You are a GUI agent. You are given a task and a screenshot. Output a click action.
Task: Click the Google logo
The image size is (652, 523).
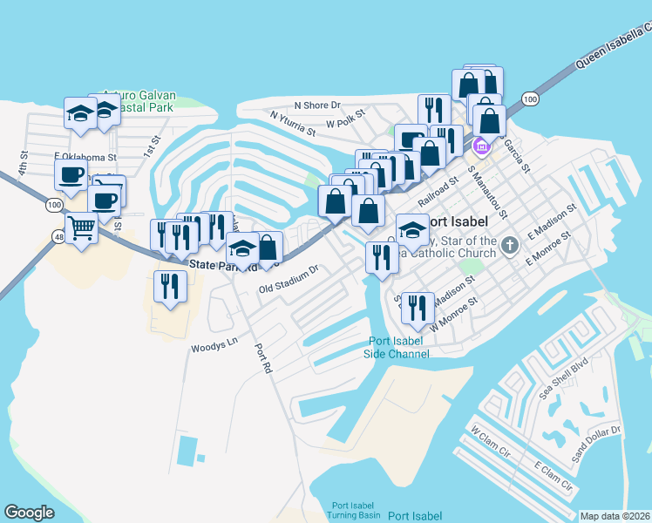coord(30,513)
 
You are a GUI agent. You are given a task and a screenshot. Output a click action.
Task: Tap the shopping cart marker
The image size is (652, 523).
coord(82,229)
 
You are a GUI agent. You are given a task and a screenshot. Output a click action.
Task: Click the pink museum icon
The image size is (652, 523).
coord(482,147)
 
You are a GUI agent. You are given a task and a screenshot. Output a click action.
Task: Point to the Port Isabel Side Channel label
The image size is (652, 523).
coord(397,348)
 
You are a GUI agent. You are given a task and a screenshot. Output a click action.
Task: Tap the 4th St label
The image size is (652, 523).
coord(24,162)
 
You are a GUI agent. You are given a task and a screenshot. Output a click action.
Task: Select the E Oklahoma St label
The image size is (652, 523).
coord(85,157)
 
